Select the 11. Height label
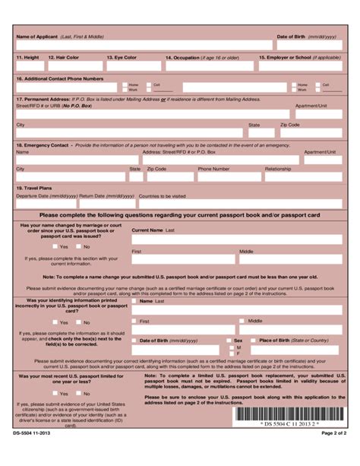27,57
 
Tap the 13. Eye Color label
122,57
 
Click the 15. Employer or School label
299,57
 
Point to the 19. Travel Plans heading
34,187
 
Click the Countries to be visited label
162,195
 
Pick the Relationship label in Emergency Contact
277,169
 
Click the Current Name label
147,229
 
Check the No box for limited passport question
77,393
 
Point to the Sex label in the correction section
238,341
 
